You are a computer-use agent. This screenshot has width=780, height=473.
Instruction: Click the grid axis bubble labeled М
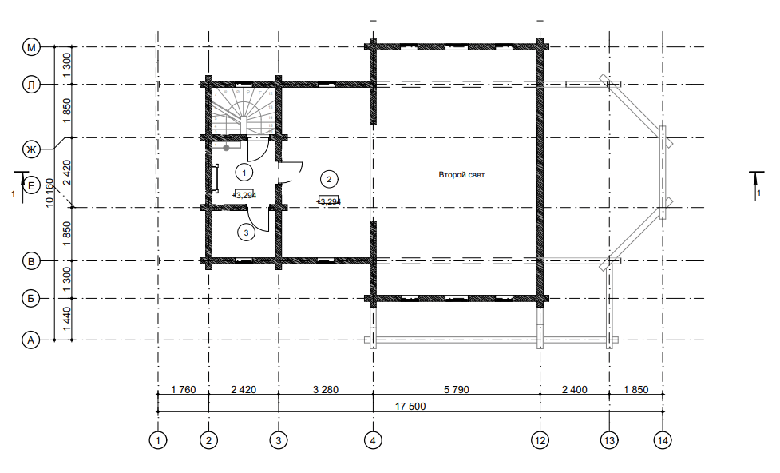[x=31, y=47]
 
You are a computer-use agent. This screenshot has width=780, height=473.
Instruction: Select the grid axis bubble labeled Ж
[x=31, y=149]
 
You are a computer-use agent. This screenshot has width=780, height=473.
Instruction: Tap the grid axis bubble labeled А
[x=31, y=340]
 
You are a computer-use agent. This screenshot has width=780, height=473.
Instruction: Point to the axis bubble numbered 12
[x=540, y=440]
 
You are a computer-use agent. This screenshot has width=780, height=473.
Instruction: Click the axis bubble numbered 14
[x=663, y=440]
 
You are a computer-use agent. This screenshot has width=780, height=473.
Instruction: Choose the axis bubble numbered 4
[x=373, y=440]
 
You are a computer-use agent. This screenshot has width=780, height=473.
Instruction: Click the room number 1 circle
[x=244, y=173]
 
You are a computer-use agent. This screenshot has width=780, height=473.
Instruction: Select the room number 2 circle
[x=329, y=179]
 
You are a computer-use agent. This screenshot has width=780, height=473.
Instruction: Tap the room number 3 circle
[x=246, y=233]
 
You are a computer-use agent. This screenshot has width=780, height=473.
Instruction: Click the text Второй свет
[x=461, y=175]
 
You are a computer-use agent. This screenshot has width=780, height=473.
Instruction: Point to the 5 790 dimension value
[x=456, y=389]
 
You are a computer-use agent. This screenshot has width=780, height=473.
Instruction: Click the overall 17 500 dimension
[x=410, y=406]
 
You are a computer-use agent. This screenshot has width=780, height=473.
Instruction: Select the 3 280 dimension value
[x=326, y=389]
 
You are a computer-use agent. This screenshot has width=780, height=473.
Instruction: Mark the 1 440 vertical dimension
[x=66, y=319]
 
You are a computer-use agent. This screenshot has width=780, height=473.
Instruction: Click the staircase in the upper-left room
[x=244, y=113]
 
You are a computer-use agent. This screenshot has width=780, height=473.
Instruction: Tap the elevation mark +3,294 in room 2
[x=329, y=201]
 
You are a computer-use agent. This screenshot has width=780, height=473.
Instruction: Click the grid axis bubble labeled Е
[x=31, y=185]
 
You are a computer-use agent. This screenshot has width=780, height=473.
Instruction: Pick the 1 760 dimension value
[x=184, y=389]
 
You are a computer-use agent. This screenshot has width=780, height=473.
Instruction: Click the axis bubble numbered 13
[x=609, y=440]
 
